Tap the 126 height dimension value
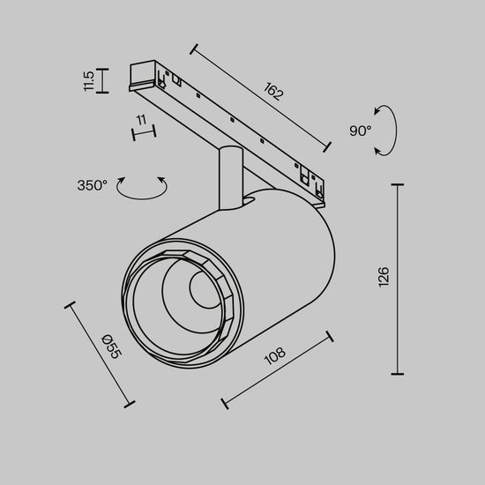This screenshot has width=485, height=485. pos(383,278)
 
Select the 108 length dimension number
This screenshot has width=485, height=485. pos(274,358)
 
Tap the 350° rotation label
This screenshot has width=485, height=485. pos(92,185)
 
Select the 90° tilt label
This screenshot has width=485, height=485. pos(360,131)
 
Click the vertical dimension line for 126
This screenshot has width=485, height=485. pos(401,279)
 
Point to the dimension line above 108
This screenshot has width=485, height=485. pos(277,370)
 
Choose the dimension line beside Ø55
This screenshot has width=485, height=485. pos(98,354)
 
